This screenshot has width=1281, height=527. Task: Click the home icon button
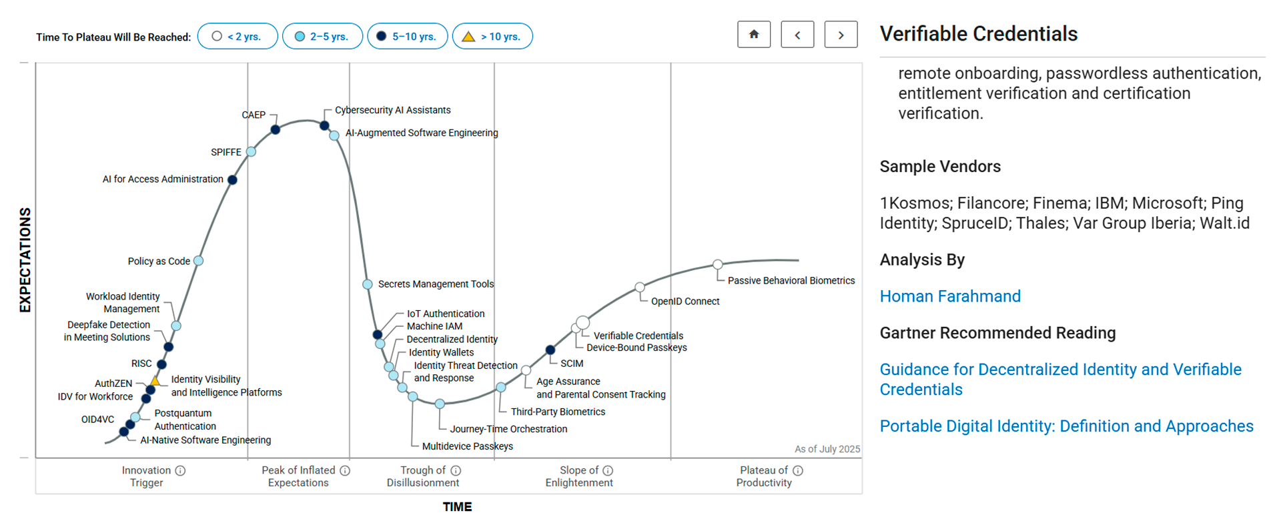(754, 35)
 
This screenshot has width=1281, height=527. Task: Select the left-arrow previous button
(797, 35)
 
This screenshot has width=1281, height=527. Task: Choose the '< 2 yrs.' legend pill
(238, 36)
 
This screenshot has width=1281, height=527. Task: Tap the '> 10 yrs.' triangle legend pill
(492, 36)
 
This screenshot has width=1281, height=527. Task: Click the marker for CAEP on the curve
(275, 129)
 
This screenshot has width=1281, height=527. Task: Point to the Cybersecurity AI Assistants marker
(324, 125)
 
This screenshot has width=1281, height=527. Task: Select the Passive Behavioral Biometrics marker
(718, 264)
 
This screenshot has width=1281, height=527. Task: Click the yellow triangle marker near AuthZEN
(155, 380)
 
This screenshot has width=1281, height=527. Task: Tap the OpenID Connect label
(685, 302)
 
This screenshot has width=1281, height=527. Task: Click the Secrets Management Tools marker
(368, 284)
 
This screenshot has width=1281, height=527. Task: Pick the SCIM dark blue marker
(550, 350)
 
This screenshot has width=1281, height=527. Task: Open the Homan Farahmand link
(950, 296)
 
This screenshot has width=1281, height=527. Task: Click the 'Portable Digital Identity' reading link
(1066, 426)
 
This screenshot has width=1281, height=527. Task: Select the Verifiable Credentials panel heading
(978, 34)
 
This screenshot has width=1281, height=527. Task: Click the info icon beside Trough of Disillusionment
(456, 470)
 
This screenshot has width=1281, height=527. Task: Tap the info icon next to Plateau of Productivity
(798, 470)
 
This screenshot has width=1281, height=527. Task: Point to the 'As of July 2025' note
(827, 449)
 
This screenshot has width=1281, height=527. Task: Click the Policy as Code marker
(198, 261)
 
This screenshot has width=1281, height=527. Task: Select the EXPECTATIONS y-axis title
(25, 260)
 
